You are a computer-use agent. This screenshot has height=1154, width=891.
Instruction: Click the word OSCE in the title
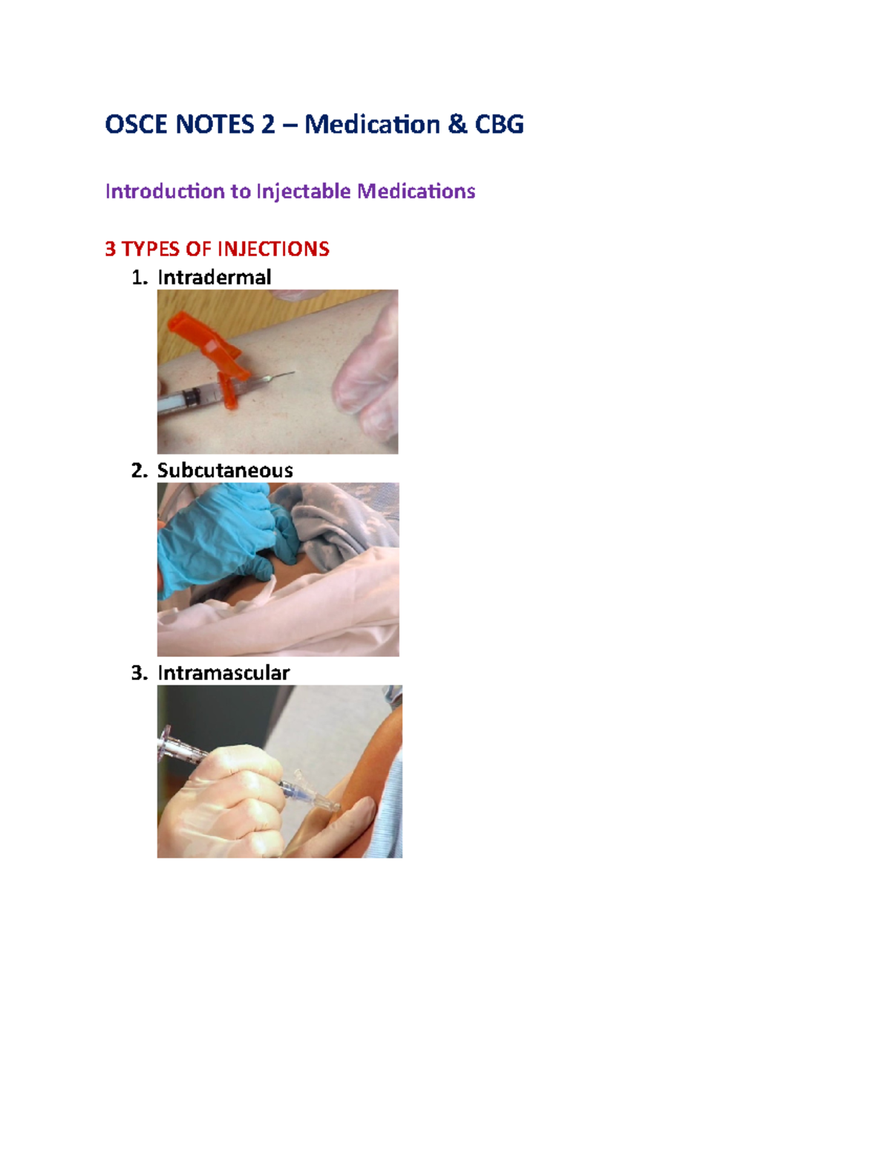click(137, 124)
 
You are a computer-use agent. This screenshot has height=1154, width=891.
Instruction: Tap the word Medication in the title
click(372, 124)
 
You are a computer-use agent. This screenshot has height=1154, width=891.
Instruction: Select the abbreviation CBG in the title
click(498, 124)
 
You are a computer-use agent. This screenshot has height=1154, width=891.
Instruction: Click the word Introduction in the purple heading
click(166, 192)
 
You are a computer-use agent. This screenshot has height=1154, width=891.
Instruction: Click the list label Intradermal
click(214, 277)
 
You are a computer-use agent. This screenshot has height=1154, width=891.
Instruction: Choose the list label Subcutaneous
click(225, 470)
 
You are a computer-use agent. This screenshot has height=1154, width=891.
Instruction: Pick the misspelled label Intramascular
click(223, 673)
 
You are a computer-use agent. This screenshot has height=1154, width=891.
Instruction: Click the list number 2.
click(138, 470)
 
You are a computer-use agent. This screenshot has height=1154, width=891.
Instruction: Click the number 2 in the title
click(267, 124)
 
